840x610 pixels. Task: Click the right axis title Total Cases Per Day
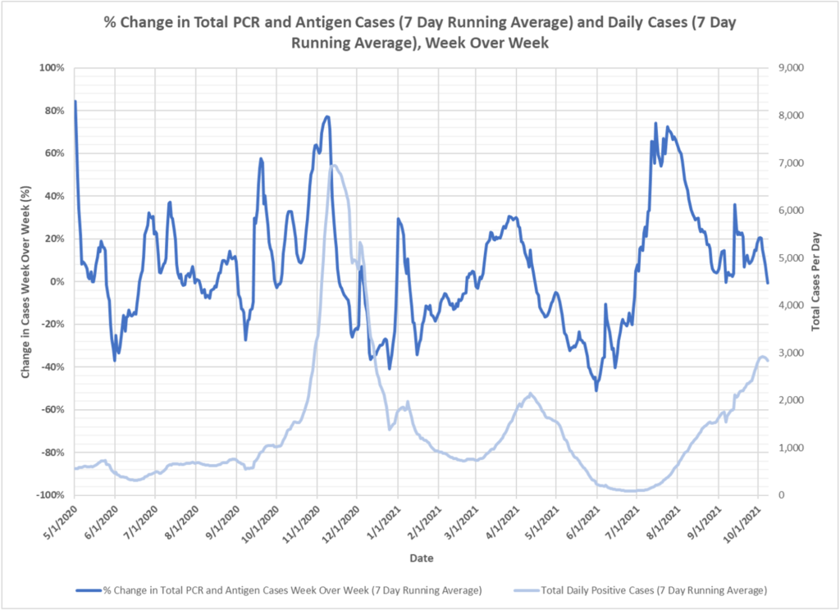point(816,281)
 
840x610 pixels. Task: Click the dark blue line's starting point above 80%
point(75,102)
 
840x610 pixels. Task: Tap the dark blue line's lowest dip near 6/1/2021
point(596,390)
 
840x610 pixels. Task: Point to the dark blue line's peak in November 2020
point(327,116)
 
